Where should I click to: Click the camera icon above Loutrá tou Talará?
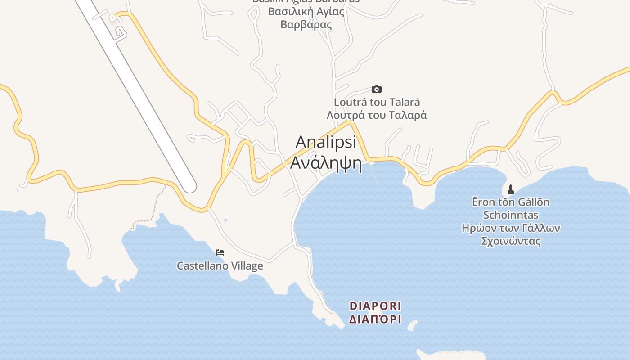point(377,89)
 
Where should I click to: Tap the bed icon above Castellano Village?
point(220,252)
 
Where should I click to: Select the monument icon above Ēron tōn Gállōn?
point(511,189)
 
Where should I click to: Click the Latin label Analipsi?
point(326,142)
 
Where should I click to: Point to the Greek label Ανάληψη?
point(326,163)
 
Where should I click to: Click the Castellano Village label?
point(220,266)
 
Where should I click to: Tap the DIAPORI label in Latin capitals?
point(375,306)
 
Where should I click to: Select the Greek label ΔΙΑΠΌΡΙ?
point(375,320)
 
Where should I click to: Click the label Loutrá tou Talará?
point(377,102)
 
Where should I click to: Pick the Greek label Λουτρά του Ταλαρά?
point(377,115)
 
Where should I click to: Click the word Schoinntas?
point(511,215)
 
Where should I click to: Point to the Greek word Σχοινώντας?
point(511,241)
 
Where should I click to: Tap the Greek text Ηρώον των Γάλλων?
point(511,228)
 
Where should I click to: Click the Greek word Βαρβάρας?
point(306,25)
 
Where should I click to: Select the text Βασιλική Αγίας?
point(306,12)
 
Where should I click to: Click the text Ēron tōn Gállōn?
point(511,202)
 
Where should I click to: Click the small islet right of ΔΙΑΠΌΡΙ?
point(412,324)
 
